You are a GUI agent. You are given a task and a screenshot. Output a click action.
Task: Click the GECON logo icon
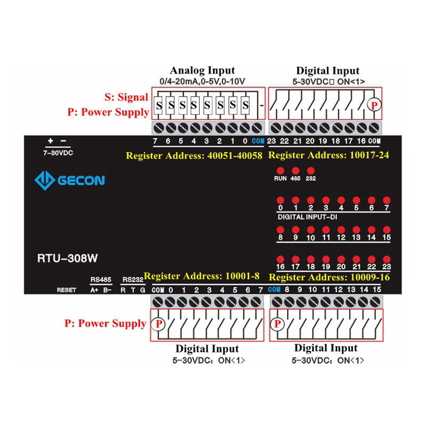tap(45, 180)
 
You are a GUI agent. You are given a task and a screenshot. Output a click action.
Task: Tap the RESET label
tap(67, 290)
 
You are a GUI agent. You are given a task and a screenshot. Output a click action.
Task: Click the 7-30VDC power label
tap(57, 153)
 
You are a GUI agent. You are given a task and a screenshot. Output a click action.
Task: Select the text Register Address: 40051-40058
tap(194, 156)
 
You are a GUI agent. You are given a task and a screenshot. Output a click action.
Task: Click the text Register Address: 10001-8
tap(202, 276)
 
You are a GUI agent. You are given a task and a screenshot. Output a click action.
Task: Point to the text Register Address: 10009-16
tap(330, 278)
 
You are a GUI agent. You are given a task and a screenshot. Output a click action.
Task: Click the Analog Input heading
tap(202, 70)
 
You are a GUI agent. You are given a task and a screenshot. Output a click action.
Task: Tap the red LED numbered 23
tap(387, 258)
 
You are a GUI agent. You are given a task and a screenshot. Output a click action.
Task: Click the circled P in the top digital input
tap(375, 105)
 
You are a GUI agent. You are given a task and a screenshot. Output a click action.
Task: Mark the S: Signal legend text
tap(126, 97)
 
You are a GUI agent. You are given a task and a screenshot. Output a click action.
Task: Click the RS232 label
tap(132, 279)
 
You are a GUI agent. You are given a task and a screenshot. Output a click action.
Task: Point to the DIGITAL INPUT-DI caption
tap(306, 217)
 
